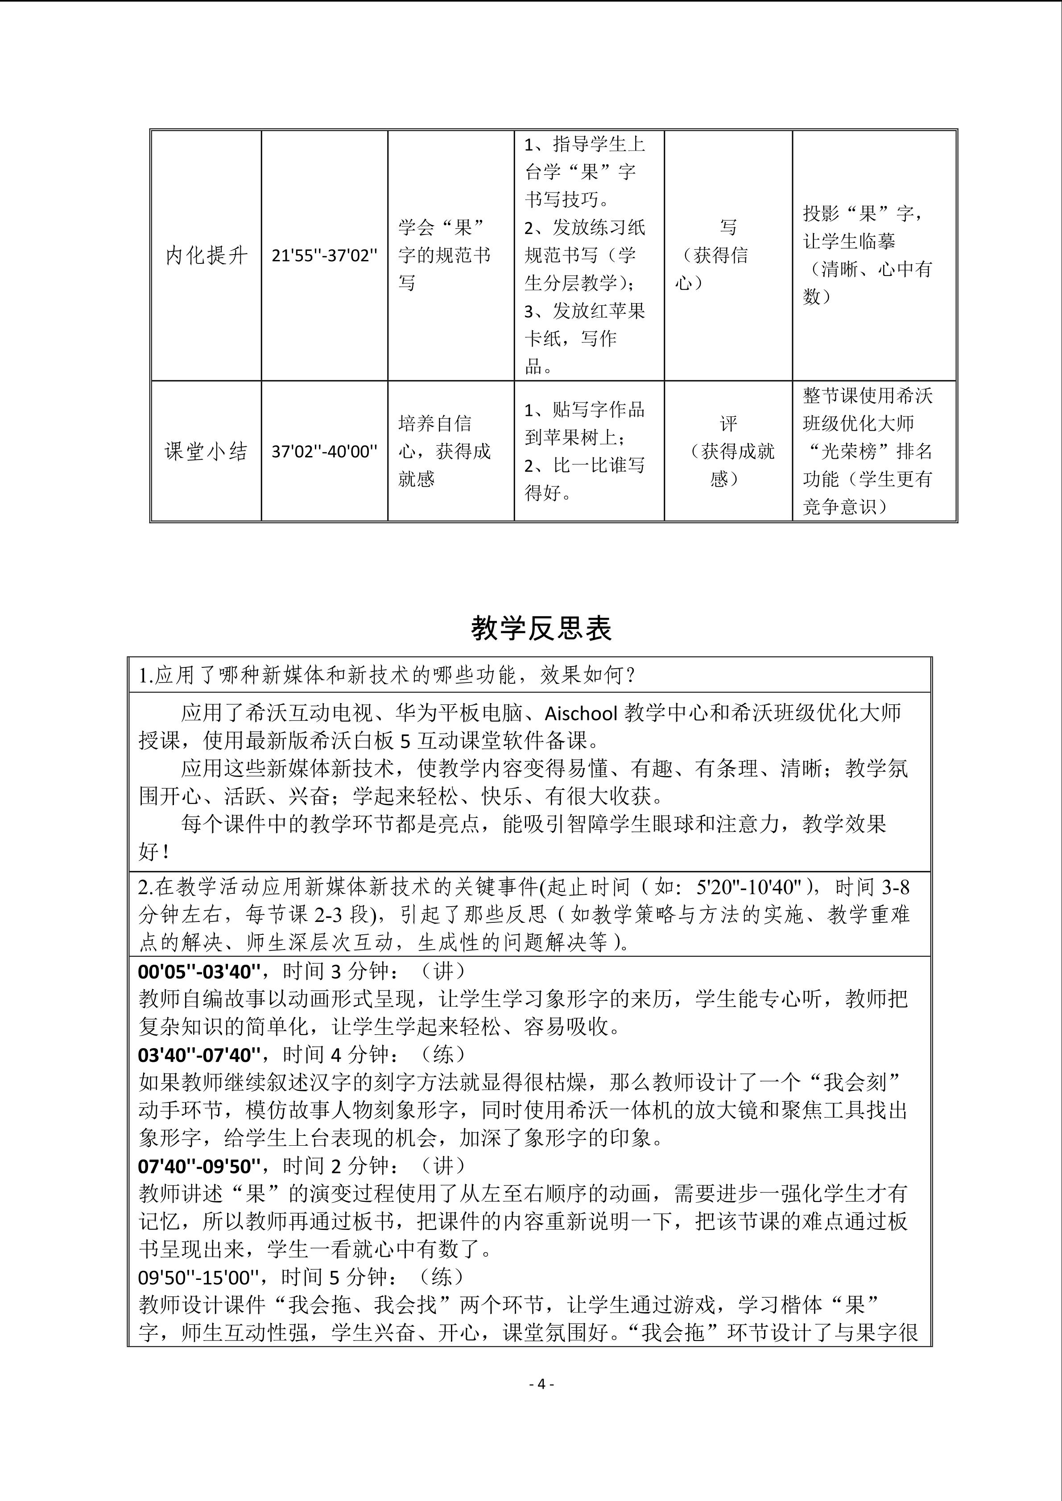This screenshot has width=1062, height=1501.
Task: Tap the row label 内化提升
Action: point(206,255)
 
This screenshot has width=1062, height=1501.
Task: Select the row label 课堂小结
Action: point(206,451)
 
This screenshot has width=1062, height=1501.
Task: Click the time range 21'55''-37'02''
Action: point(324,255)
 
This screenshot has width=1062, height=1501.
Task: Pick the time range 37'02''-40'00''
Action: point(324,452)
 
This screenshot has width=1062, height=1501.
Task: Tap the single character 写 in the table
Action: point(728,227)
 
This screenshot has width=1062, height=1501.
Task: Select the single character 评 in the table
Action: point(728,424)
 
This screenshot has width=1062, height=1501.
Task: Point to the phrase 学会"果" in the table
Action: point(443,227)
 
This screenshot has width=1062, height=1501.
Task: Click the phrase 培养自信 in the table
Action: point(435,424)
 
